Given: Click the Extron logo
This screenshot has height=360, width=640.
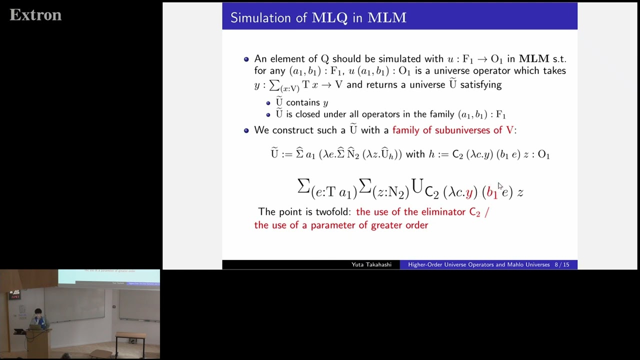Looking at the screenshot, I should [35, 15].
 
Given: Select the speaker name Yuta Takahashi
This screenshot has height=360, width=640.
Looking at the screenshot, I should [371, 264].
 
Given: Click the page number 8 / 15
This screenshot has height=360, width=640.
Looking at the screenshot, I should [561, 264].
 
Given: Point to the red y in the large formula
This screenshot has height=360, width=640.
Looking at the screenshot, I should [469, 192].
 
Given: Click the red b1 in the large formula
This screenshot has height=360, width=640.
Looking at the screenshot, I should [491, 192].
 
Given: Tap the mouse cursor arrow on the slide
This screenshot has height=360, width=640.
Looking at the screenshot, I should [500, 186].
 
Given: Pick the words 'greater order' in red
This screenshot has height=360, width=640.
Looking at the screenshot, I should [399, 225].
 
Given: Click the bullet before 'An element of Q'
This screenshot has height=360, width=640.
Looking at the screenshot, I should [246, 59].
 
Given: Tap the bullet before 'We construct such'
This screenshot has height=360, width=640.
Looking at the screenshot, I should [246, 130].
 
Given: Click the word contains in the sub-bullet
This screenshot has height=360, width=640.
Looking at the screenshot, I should [303, 102].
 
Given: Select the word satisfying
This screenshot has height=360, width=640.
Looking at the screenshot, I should [480, 84].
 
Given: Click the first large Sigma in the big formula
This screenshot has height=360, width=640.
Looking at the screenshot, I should [303, 186].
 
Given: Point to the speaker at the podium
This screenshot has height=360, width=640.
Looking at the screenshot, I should [38, 319].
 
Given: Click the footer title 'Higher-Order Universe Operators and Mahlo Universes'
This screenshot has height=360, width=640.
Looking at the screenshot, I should [478, 264].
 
